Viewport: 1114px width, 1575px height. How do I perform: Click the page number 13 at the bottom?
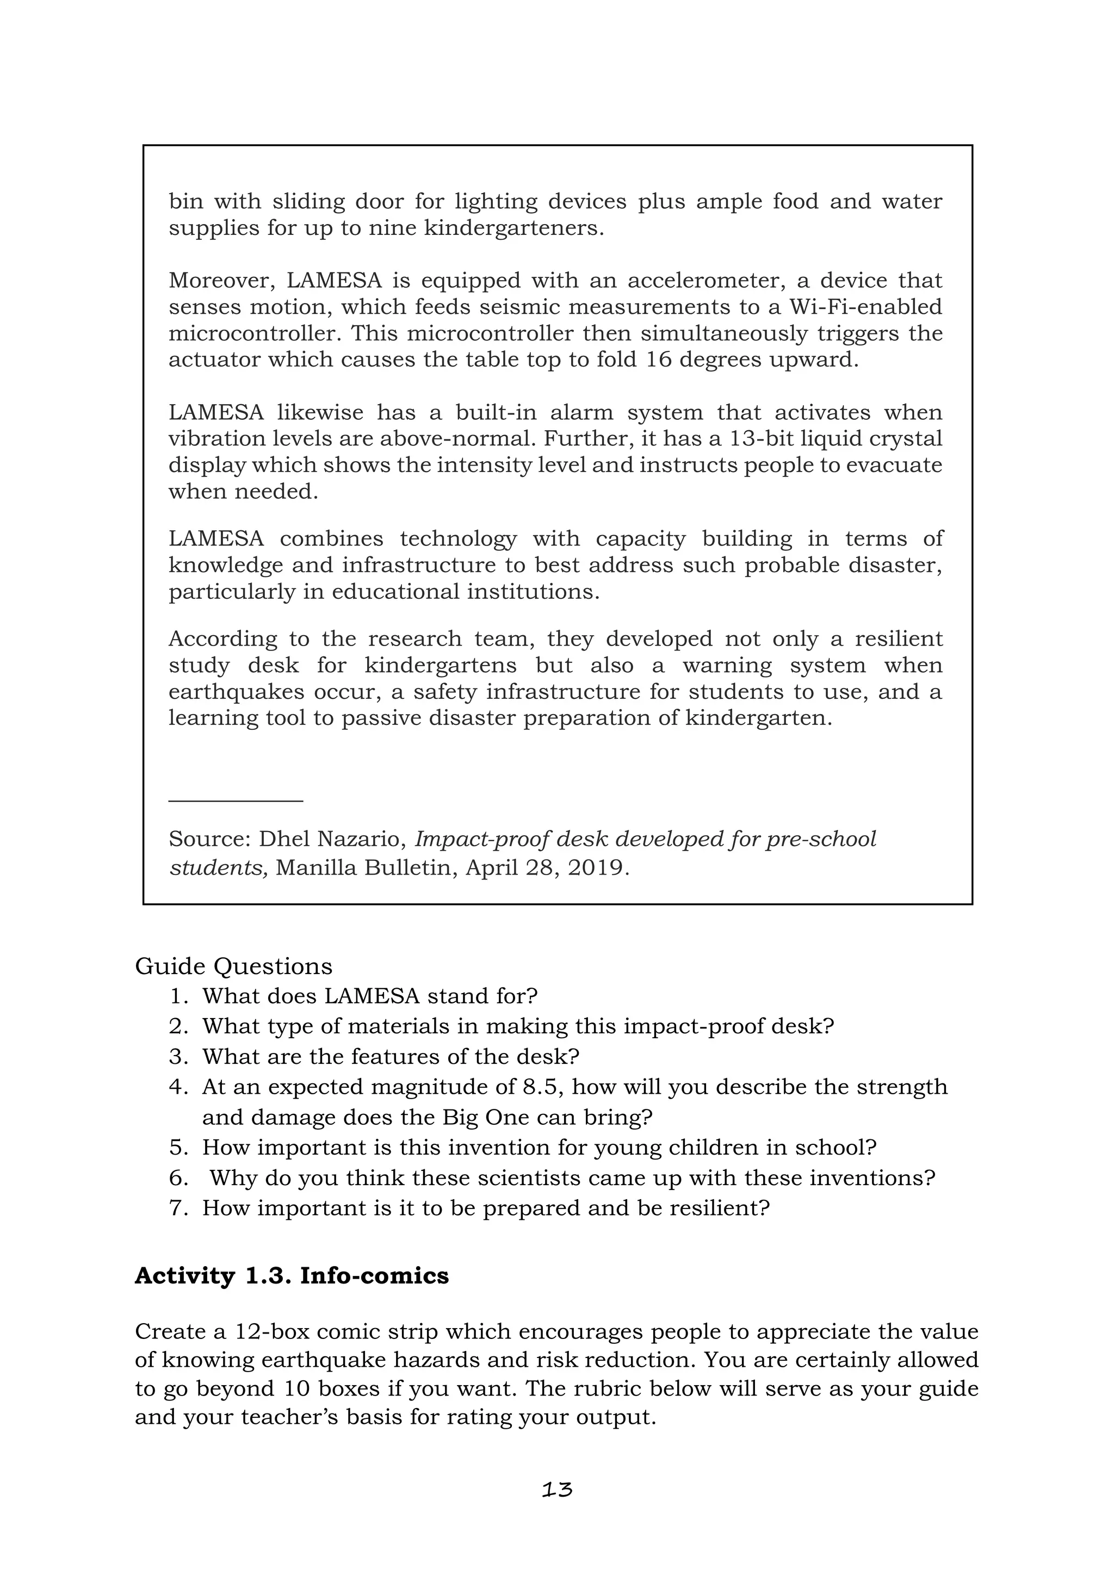pyautogui.click(x=556, y=1489)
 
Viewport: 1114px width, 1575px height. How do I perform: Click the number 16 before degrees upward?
pyautogui.click(x=659, y=359)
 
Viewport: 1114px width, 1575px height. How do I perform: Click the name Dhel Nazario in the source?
pyautogui.click(x=330, y=839)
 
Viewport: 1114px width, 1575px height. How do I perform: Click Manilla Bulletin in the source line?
pyautogui.click(x=366, y=868)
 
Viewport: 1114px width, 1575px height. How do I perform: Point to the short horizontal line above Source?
pyautogui.click(x=236, y=800)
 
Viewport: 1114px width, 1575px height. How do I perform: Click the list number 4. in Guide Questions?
pyautogui.click(x=178, y=1087)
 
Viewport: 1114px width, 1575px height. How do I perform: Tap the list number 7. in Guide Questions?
pyautogui.click(x=178, y=1208)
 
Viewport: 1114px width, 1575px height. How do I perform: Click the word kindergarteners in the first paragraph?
pyautogui.click(x=514, y=228)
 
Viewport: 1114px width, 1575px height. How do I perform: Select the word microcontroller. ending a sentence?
pyautogui.click(x=257, y=333)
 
